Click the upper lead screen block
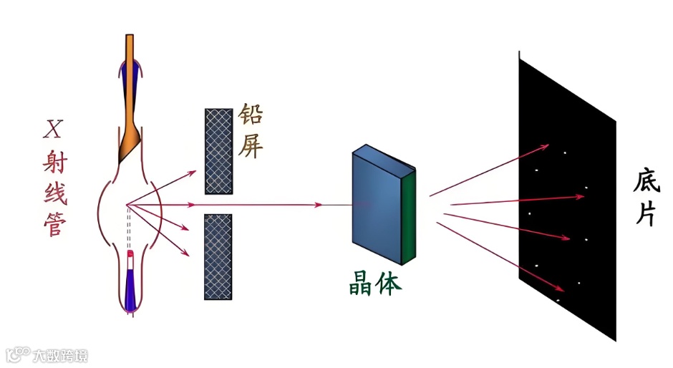pos(218,151)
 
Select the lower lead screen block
pos(218,256)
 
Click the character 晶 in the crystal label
pos(355,284)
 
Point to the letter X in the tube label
pos(52,130)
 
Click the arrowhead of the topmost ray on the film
pos(547,146)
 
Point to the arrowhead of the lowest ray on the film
pos(563,289)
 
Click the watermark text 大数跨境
pos(60,354)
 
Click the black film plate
pos(566,215)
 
